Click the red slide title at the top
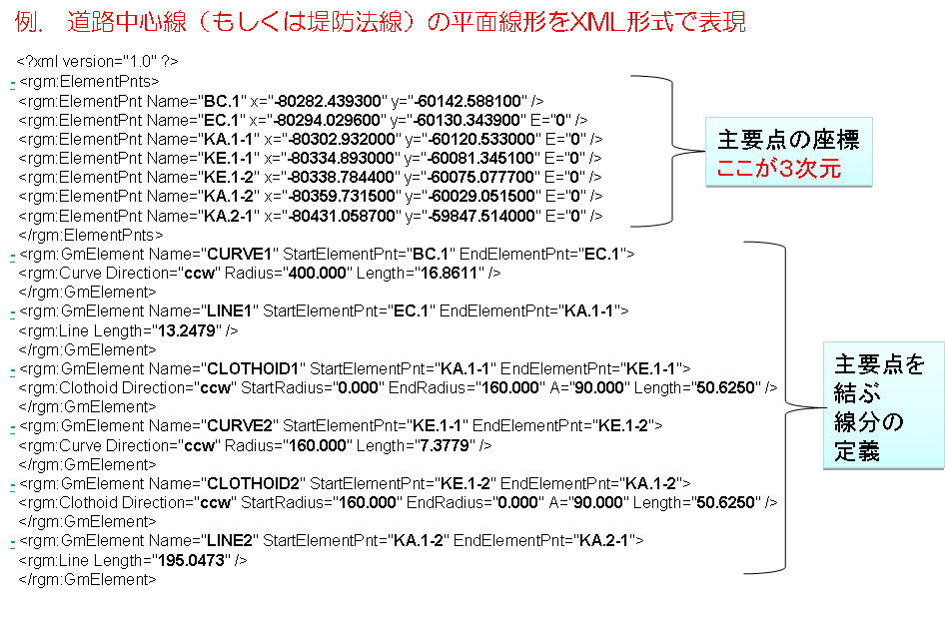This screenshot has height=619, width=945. [x=380, y=22]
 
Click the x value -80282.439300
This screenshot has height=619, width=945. [x=328, y=101]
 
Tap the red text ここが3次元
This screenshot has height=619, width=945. [x=778, y=168]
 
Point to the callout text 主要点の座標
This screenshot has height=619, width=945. [x=789, y=140]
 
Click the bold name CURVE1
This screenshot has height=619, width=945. [x=240, y=254]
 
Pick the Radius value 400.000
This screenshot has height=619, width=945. [x=318, y=273]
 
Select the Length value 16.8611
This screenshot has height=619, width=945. [x=449, y=273]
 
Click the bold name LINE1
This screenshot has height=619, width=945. [x=230, y=310]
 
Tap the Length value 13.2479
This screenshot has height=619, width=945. [x=186, y=330]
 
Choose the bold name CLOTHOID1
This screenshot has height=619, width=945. [x=253, y=368]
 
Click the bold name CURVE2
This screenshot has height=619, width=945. [x=240, y=425]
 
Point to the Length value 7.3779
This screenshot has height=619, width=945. [x=446, y=445]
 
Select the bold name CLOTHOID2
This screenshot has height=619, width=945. [x=253, y=483]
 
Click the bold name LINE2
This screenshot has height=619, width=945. [x=230, y=541]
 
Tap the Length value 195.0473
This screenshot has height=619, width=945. [x=191, y=560]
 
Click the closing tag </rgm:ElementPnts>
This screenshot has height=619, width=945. [x=90, y=235]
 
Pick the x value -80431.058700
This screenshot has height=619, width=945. [x=343, y=216]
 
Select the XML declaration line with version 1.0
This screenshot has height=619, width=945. [x=98, y=62]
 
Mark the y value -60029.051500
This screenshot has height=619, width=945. [x=482, y=196]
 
